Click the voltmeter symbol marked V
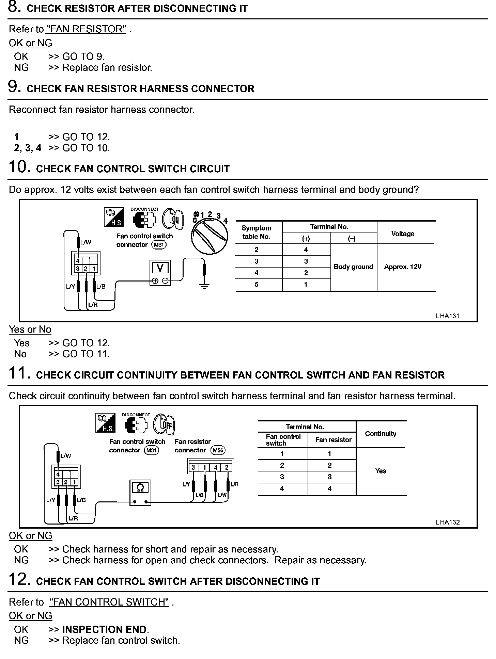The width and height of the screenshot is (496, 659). [x=160, y=273]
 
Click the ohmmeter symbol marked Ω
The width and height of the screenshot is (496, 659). [x=140, y=492]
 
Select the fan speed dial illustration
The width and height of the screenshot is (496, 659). [x=209, y=236]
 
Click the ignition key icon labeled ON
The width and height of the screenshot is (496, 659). [x=173, y=219]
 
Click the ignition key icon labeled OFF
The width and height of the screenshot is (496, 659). [x=165, y=424]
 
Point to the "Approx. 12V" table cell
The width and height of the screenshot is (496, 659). [x=403, y=267]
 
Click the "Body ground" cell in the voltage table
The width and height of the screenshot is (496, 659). [x=353, y=267]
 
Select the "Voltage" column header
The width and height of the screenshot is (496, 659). [x=403, y=234]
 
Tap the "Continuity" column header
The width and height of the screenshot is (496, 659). [x=381, y=434]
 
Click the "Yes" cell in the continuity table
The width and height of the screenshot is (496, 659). [x=381, y=471]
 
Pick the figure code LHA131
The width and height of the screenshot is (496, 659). [x=448, y=316]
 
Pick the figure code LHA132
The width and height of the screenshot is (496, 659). [x=448, y=522]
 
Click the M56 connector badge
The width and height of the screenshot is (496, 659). [x=218, y=450]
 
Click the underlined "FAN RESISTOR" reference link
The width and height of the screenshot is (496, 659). [x=86, y=29]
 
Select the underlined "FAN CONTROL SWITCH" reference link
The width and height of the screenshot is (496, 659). [x=109, y=602]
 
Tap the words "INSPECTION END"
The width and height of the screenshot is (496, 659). [x=105, y=629]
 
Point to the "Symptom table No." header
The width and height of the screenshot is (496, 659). [x=257, y=232]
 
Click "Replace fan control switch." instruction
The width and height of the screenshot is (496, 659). [x=121, y=640]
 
